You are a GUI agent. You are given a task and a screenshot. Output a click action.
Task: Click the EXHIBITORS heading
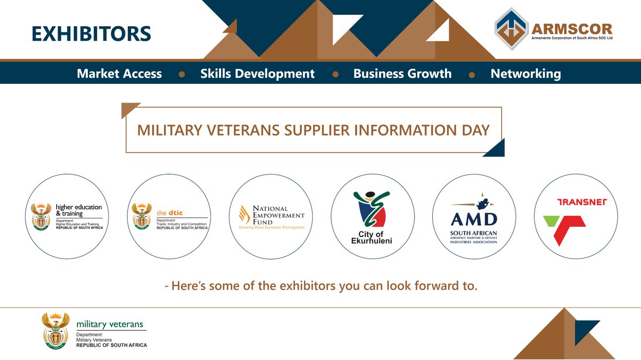91,33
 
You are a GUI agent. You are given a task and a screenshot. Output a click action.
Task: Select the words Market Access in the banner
119,74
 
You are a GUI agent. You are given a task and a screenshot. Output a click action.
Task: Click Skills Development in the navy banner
257,74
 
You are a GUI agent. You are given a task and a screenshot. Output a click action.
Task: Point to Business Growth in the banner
402,74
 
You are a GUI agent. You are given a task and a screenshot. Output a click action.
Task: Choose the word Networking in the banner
526,74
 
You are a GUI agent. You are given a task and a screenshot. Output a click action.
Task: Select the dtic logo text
170,213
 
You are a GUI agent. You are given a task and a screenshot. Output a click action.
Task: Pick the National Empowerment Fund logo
271,216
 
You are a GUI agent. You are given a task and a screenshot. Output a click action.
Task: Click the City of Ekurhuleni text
372,238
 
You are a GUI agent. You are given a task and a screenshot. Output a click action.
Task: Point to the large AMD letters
474,219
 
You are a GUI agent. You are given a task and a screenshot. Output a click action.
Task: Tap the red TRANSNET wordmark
576,202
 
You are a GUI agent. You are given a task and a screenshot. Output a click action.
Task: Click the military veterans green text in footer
110,324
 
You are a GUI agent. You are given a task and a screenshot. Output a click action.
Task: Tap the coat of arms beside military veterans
56,331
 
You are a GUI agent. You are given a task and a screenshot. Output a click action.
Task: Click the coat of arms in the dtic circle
142,216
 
